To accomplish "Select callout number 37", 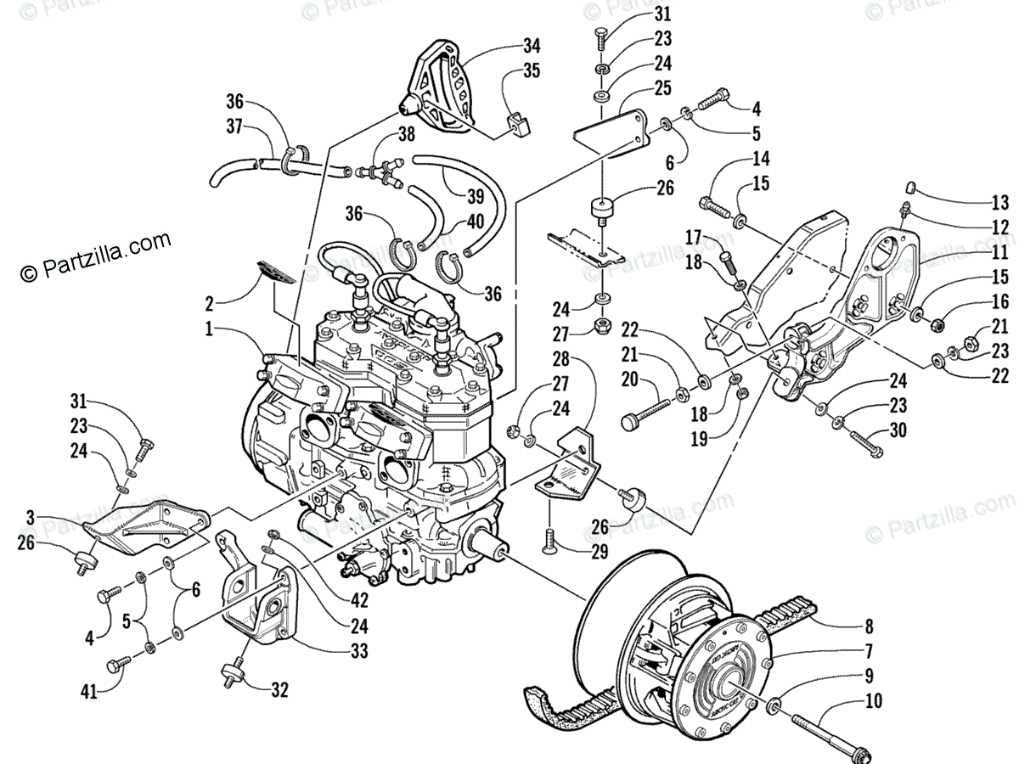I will [234, 126].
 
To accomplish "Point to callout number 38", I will [407, 133].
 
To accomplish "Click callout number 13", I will [1000, 203].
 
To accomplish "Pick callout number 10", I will [874, 701].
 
